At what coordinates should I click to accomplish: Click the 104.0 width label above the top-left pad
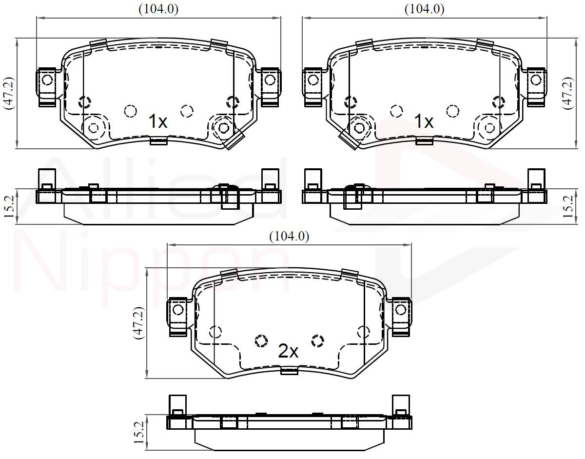pos(158,9)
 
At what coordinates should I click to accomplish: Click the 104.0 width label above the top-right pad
pos(425,9)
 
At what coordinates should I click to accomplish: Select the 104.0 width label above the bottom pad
pos(289,237)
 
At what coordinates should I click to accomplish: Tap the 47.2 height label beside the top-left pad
pos(8,93)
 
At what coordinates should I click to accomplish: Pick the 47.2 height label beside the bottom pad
pos(139,323)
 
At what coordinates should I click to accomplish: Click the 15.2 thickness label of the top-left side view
pos(9,207)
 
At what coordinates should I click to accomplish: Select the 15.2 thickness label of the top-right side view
pos(568,207)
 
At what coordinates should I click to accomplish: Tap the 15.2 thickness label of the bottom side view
pos(138,433)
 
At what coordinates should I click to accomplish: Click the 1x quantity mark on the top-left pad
pos(158,121)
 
